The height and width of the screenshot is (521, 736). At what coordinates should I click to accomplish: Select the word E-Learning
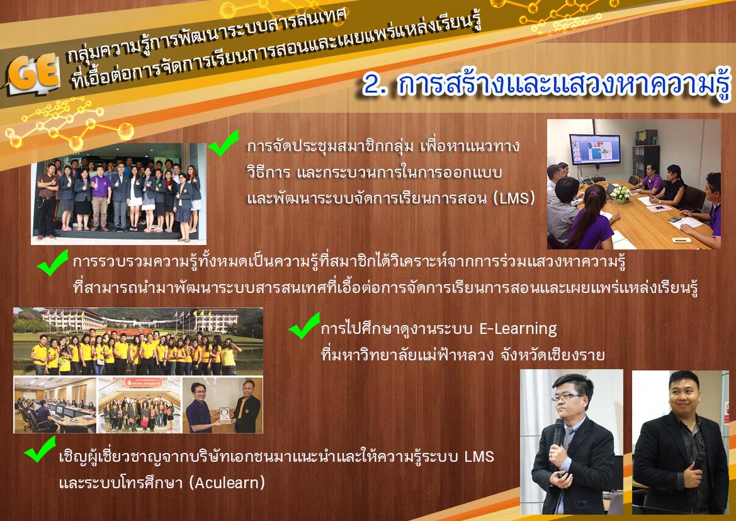click(518, 329)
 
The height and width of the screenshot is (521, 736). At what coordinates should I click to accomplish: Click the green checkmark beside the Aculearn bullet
click(40, 449)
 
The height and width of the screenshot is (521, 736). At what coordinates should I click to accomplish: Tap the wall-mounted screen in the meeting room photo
click(594, 149)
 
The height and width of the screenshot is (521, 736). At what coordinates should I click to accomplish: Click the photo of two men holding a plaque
click(222, 404)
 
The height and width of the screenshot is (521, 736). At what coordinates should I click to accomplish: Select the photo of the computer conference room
click(55, 404)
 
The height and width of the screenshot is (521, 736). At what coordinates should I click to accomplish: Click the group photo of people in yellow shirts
click(138, 341)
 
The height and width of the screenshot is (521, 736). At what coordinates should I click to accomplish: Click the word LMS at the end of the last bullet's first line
click(479, 457)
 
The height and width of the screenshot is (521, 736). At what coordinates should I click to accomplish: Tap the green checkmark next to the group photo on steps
click(223, 143)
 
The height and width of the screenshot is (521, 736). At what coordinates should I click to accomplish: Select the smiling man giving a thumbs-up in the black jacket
click(680, 442)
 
